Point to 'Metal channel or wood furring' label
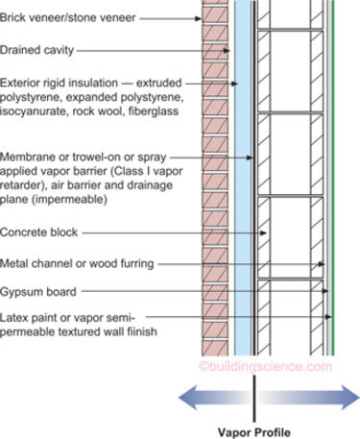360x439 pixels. [80, 262]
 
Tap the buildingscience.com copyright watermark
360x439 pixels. [278, 366]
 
